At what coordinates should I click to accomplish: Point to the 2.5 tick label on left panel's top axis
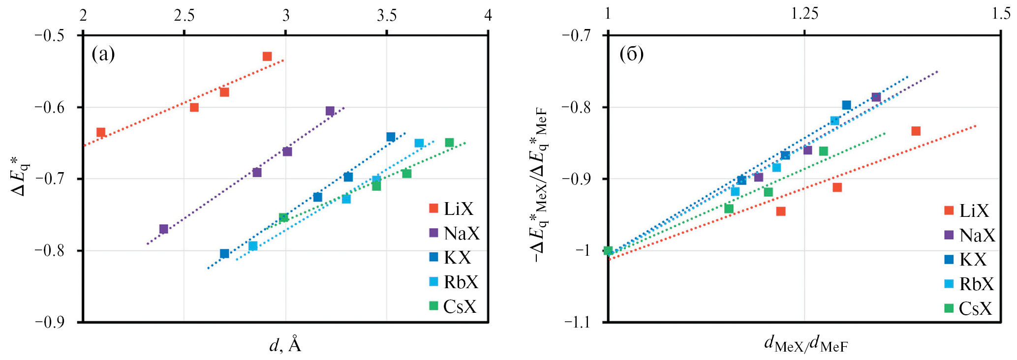184,16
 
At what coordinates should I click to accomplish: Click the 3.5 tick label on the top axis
387,16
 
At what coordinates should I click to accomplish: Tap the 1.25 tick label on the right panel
804,14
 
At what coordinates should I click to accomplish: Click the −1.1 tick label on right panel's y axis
578,322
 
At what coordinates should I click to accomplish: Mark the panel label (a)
103,54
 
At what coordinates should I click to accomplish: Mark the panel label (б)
631,54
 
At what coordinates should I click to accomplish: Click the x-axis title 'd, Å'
285,345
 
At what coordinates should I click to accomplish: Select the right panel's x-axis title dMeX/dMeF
805,344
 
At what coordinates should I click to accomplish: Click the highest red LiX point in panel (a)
267,57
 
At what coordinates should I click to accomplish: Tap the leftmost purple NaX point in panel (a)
164,229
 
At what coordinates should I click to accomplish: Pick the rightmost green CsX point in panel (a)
449,143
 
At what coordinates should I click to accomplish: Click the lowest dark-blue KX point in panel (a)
224,254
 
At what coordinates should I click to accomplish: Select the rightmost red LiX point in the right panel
916,131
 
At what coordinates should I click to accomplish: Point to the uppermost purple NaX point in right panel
876,97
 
